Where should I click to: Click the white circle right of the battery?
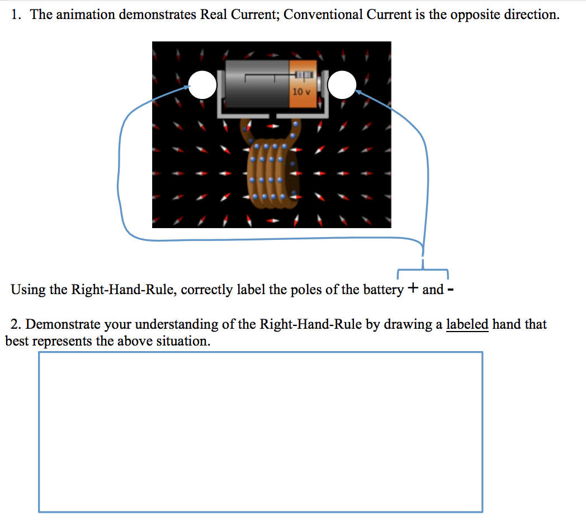(x=342, y=84)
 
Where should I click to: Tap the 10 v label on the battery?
(x=301, y=91)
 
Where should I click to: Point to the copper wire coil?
(x=270, y=173)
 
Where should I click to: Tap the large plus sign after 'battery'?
(x=413, y=289)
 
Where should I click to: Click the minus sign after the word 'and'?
(x=451, y=290)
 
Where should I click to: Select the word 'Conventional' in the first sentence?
(x=322, y=15)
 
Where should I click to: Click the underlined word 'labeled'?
(x=467, y=324)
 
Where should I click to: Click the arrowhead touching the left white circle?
(x=187, y=87)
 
